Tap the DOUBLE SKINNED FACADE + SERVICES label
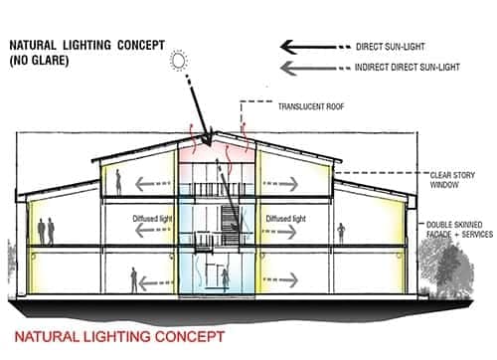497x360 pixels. [454, 232]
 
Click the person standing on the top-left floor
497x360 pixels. [118, 181]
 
